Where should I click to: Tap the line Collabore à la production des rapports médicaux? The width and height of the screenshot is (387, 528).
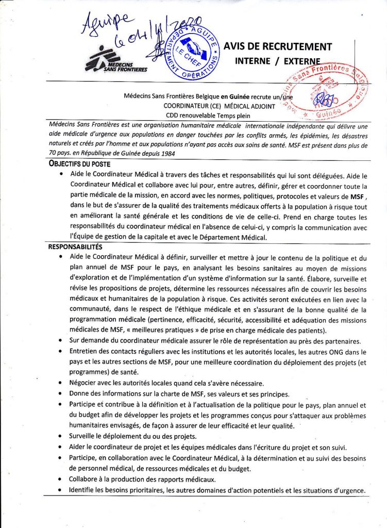[142, 480]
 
